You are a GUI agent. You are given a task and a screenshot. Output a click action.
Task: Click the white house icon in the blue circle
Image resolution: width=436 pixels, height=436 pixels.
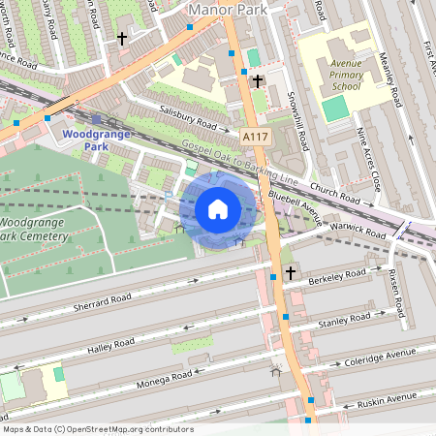[x=218, y=208]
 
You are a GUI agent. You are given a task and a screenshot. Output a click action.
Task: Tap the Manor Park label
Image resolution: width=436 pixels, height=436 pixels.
[x=230, y=10]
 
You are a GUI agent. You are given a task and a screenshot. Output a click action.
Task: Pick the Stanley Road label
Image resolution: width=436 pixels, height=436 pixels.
[x=346, y=319]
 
